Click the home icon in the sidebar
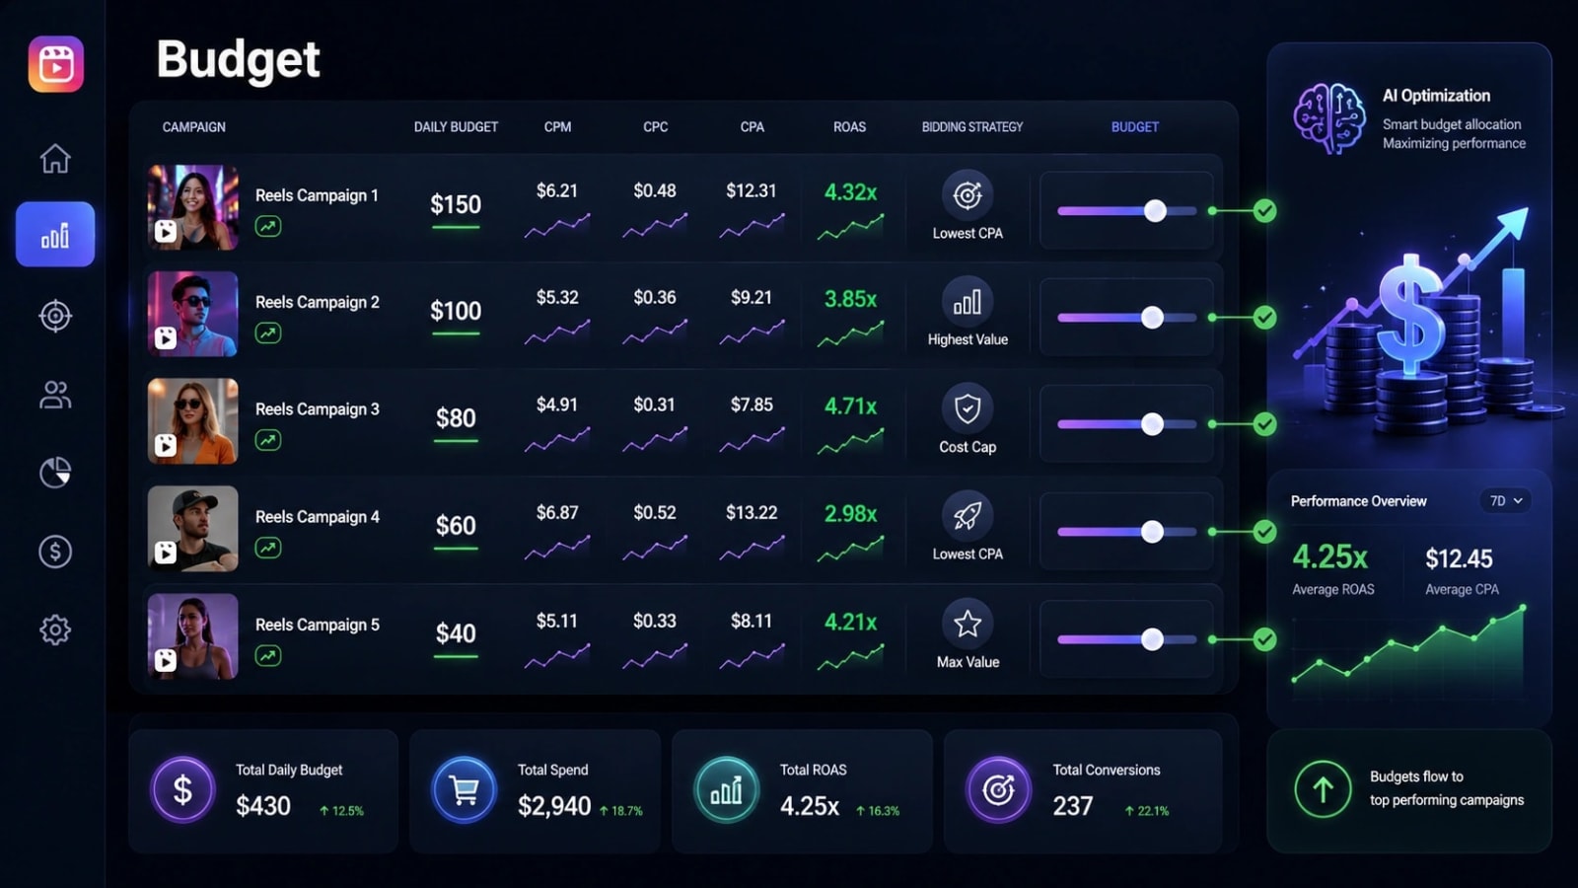point(55,158)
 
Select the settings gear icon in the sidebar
point(55,629)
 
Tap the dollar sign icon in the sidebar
point(55,552)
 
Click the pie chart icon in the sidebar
point(55,473)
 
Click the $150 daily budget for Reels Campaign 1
point(456,204)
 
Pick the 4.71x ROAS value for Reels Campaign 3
point(850,406)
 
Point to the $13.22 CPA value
point(752,512)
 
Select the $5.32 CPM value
point(557,297)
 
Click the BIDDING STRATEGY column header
point(972,127)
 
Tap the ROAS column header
point(849,127)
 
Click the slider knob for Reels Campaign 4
point(1153,532)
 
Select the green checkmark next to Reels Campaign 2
point(1264,318)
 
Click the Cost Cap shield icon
point(968,408)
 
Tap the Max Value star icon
point(968,624)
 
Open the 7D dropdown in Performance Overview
point(1505,500)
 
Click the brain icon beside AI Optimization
point(1328,118)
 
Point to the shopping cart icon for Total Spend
point(464,789)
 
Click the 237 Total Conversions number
point(1073,805)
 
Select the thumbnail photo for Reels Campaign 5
point(193,636)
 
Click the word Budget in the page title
point(238,59)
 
